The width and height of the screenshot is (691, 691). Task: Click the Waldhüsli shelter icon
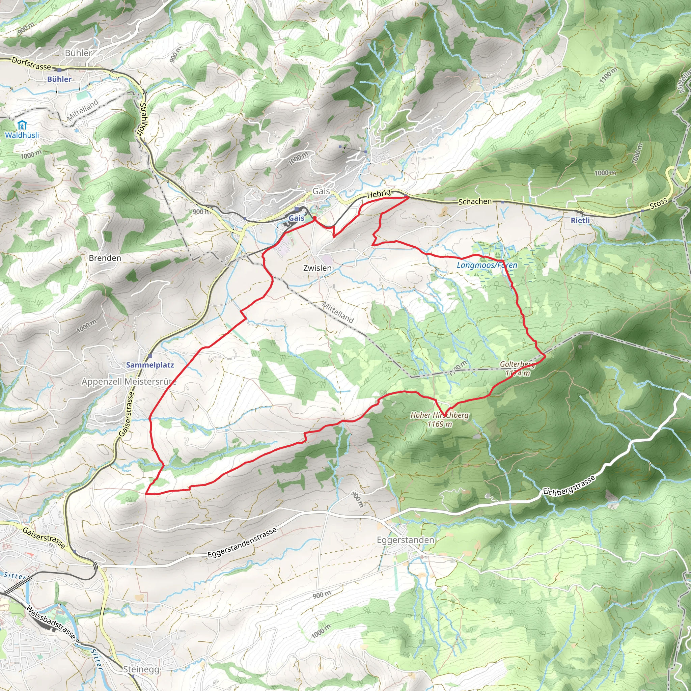[x=22, y=126]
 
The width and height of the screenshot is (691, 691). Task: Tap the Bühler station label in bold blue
[x=59, y=79]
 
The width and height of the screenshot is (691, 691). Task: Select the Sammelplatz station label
[x=150, y=365]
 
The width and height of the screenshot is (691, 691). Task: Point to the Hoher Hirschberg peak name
[x=439, y=415]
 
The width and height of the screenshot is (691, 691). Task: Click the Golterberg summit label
[x=517, y=364]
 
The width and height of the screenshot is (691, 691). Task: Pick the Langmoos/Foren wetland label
[x=487, y=265]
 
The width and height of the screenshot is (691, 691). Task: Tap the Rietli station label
[x=580, y=220]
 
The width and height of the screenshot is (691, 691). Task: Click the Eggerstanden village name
[x=406, y=540]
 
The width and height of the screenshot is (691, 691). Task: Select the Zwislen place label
[x=317, y=268]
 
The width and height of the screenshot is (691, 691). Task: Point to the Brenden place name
[x=105, y=258]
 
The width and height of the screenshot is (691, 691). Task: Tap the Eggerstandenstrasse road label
[x=242, y=543]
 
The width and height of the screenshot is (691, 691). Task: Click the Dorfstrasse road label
[x=31, y=64]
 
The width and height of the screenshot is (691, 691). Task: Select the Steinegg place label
[x=141, y=669]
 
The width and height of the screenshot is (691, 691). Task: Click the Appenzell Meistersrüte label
[x=129, y=382]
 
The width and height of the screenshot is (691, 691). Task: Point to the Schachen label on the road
[x=475, y=201]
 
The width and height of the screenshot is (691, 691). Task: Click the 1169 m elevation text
[x=439, y=424]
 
